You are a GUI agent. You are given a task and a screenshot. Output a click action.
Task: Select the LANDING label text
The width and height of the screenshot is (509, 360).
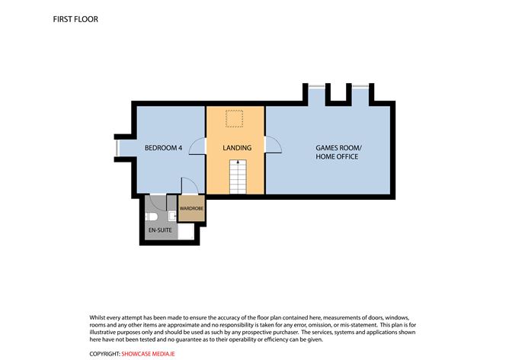tap(237, 146)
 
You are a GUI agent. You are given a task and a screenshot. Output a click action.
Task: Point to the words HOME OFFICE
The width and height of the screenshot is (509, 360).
tap(337, 156)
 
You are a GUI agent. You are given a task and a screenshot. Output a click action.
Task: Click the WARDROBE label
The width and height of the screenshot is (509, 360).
tap(190, 207)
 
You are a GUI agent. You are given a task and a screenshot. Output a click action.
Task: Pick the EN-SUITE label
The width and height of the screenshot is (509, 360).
tap(160, 229)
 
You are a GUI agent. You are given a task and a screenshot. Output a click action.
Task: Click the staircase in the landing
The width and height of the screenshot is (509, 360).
tap(237, 177)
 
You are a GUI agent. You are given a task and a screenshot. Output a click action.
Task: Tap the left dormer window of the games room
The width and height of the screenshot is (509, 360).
tap(316, 85)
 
